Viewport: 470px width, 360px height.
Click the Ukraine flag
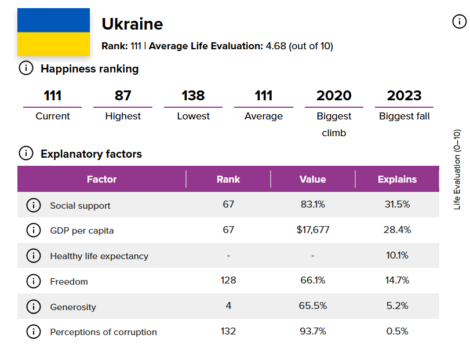click(x=53, y=32)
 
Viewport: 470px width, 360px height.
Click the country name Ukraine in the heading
click(x=132, y=24)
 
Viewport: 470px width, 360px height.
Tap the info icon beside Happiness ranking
click(x=26, y=68)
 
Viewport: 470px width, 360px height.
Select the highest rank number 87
click(x=123, y=96)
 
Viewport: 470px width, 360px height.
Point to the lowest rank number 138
click(x=193, y=96)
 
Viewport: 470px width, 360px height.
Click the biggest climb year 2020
click(x=334, y=96)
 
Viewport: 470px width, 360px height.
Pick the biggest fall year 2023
click(x=404, y=96)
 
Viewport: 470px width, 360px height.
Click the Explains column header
click(x=397, y=179)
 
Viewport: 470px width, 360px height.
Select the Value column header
click(x=312, y=179)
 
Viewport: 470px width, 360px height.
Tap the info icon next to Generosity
click(x=34, y=307)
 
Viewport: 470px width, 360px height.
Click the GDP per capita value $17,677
click(x=312, y=230)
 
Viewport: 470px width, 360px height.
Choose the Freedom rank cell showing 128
click(x=228, y=281)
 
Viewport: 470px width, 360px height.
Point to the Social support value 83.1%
click(x=312, y=205)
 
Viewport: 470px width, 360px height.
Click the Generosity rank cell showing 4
click(x=228, y=306)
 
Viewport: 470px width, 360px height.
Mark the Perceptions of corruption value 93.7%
click(x=312, y=332)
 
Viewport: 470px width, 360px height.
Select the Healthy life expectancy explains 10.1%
click(x=397, y=256)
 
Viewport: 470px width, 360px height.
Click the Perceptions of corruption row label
click(x=103, y=332)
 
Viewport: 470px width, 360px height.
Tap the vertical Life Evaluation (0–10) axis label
click(x=457, y=169)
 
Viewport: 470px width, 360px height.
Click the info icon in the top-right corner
click(x=458, y=22)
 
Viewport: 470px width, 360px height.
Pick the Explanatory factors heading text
click(x=91, y=154)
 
